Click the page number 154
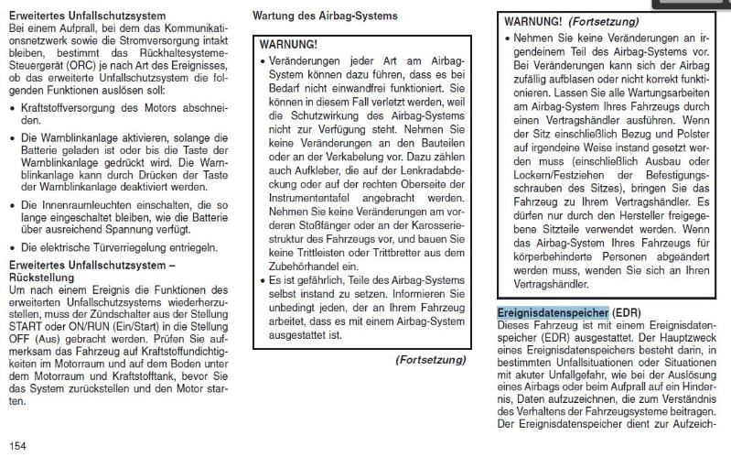click(x=18, y=445)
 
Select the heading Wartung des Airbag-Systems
click(x=325, y=16)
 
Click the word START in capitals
click(x=27, y=326)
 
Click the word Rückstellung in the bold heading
click(x=44, y=276)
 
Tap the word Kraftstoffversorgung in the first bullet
click(x=75, y=107)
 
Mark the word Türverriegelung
click(x=129, y=248)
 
